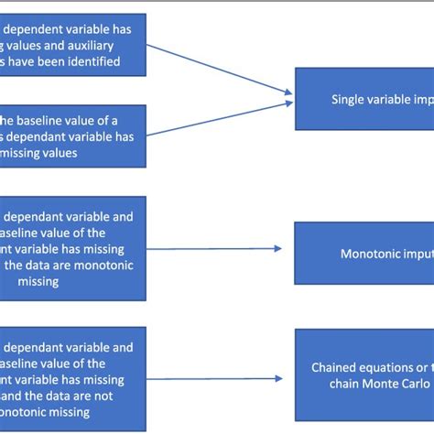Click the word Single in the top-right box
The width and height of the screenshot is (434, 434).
pyautogui.click(x=351, y=101)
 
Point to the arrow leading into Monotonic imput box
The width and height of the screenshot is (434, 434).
pyautogui.click(x=220, y=248)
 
